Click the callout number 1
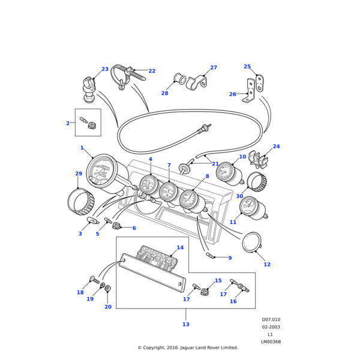click(x=82, y=148)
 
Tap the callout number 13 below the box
click(x=185, y=324)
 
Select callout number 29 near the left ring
click(x=79, y=173)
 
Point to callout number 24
click(x=276, y=146)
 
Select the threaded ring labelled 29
click(x=80, y=202)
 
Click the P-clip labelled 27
click(x=196, y=82)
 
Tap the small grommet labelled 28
click(x=178, y=79)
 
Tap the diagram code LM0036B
click(x=271, y=342)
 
